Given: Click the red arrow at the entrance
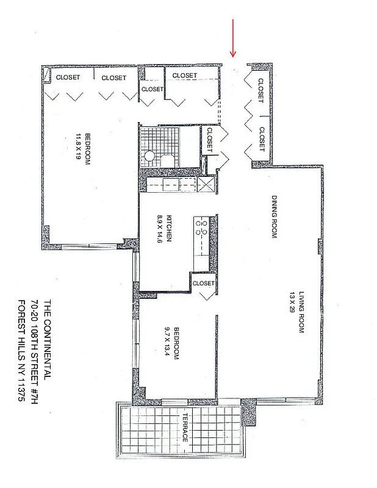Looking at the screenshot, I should [x=232, y=38].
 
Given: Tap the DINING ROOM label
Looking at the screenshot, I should [x=275, y=217].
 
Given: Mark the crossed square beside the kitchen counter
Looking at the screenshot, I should [x=207, y=185].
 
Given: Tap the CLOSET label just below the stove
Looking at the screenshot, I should [x=203, y=283].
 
